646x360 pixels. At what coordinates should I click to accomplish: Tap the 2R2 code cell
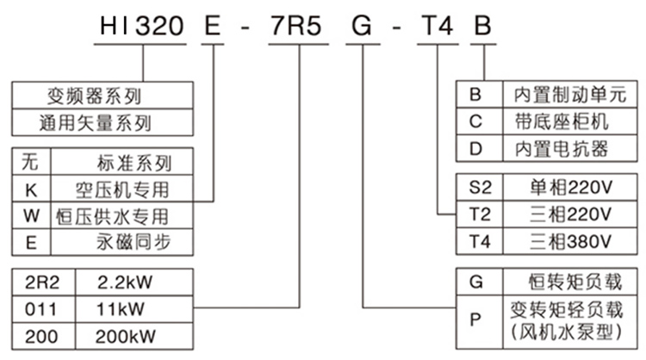click(x=42, y=281)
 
